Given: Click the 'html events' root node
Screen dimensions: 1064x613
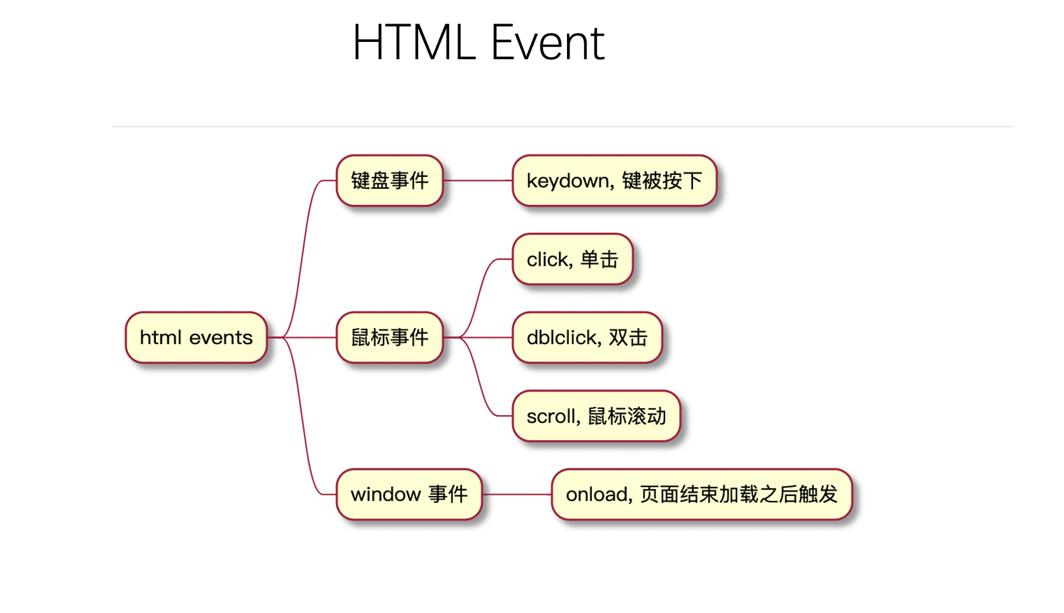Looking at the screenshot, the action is click(x=196, y=338).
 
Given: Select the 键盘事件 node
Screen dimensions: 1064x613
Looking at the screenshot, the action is click(x=389, y=181).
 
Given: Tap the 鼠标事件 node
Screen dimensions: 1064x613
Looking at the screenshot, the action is click(x=389, y=338).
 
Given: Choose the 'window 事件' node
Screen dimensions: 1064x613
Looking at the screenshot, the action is click(x=409, y=494).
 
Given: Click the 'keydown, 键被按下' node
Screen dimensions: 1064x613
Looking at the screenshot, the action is click(x=614, y=181).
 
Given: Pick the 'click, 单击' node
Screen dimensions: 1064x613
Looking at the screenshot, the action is click(x=572, y=259).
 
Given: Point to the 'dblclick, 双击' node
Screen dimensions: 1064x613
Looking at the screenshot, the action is click(x=587, y=338).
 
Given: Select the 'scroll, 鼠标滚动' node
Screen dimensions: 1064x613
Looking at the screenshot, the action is click(x=596, y=416).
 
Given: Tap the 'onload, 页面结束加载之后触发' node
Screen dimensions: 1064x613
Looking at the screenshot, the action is click(x=701, y=494).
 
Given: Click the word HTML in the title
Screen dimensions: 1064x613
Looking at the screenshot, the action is click(x=414, y=43).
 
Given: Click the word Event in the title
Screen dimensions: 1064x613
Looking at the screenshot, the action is click(x=547, y=43).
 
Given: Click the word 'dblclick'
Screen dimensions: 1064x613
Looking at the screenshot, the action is click(x=564, y=338).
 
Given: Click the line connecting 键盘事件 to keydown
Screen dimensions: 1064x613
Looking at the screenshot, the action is click(x=477, y=181).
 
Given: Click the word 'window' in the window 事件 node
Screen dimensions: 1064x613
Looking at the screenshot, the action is click(x=386, y=495).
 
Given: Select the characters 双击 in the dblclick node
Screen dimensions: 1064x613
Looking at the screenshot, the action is click(x=628, y=338).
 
